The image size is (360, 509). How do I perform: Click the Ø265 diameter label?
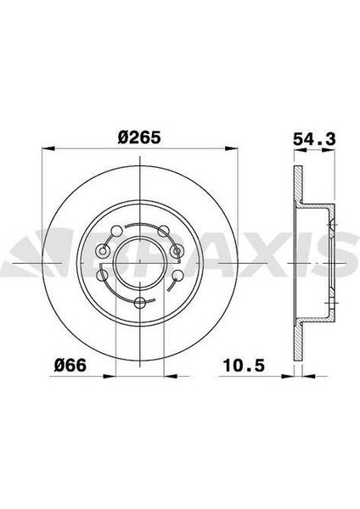(x=138, y=137)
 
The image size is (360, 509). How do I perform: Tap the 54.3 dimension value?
(x=314, y=140)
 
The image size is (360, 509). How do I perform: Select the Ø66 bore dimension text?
(x=70, y=366)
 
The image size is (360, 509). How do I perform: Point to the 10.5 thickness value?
(x=244, y=366)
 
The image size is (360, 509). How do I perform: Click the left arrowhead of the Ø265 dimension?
(x=48, y=148)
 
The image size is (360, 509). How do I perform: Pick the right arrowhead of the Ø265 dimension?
(x=231, y=148)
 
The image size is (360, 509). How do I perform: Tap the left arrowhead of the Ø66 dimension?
(x=110, y=377)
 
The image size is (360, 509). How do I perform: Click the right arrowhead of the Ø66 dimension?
(x=171, y=377)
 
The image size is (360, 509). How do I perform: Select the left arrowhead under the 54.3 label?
(x=301, y=150)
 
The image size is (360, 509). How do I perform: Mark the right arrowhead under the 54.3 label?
(x=328, y=150)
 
